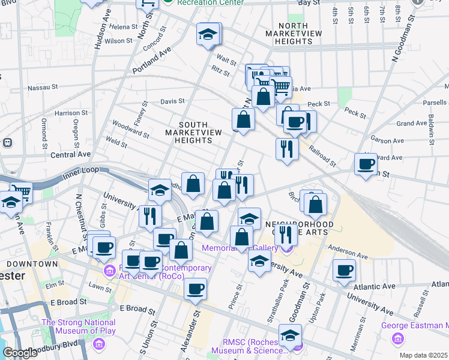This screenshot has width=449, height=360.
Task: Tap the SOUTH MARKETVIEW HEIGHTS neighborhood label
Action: pyautogui.click(x=189, y=132)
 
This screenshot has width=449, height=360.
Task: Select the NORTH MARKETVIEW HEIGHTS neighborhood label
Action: pyautogui.click(x=296, y=34)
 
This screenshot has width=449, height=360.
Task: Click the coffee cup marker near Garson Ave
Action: pyautogui.click(x=366, y=164)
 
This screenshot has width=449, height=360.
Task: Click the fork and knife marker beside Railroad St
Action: pyautogui.click(x=286, y=148)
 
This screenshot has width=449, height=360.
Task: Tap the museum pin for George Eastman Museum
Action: pyautogui.click(x=397, y=340)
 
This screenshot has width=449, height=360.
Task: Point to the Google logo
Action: pyautogui.click(x=20, y=353)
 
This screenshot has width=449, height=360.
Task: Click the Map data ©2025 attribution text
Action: pyautogui.click(x=423, y=355)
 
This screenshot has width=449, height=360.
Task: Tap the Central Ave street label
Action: pyautogui.click(x=71, y=154)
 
